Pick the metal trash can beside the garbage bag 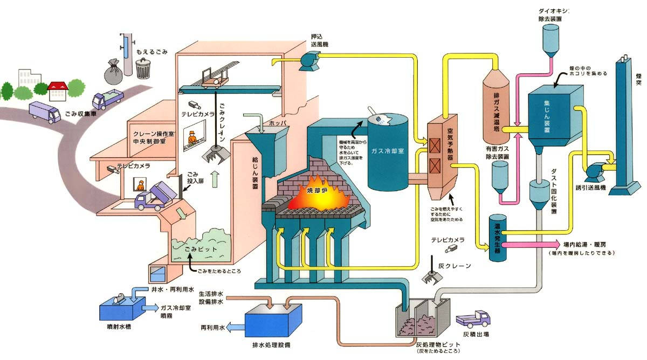(143, 68)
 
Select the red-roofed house (57, 90)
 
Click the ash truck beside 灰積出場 (474, 319)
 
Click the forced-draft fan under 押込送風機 (311, 61)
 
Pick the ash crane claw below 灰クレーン (430, 277)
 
